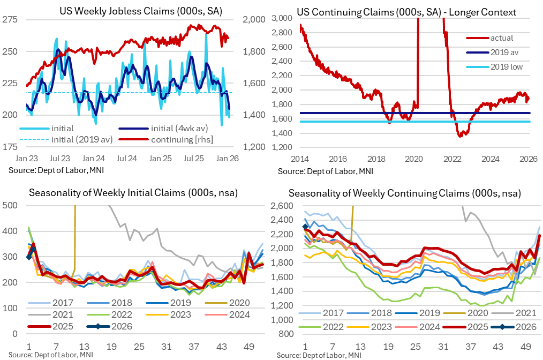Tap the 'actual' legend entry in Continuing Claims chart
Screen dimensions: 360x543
(x=502, y=38)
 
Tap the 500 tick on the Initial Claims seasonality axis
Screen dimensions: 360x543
(x=10, y=205)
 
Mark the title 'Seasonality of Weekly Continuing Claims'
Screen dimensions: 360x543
(x=404, y=193)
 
